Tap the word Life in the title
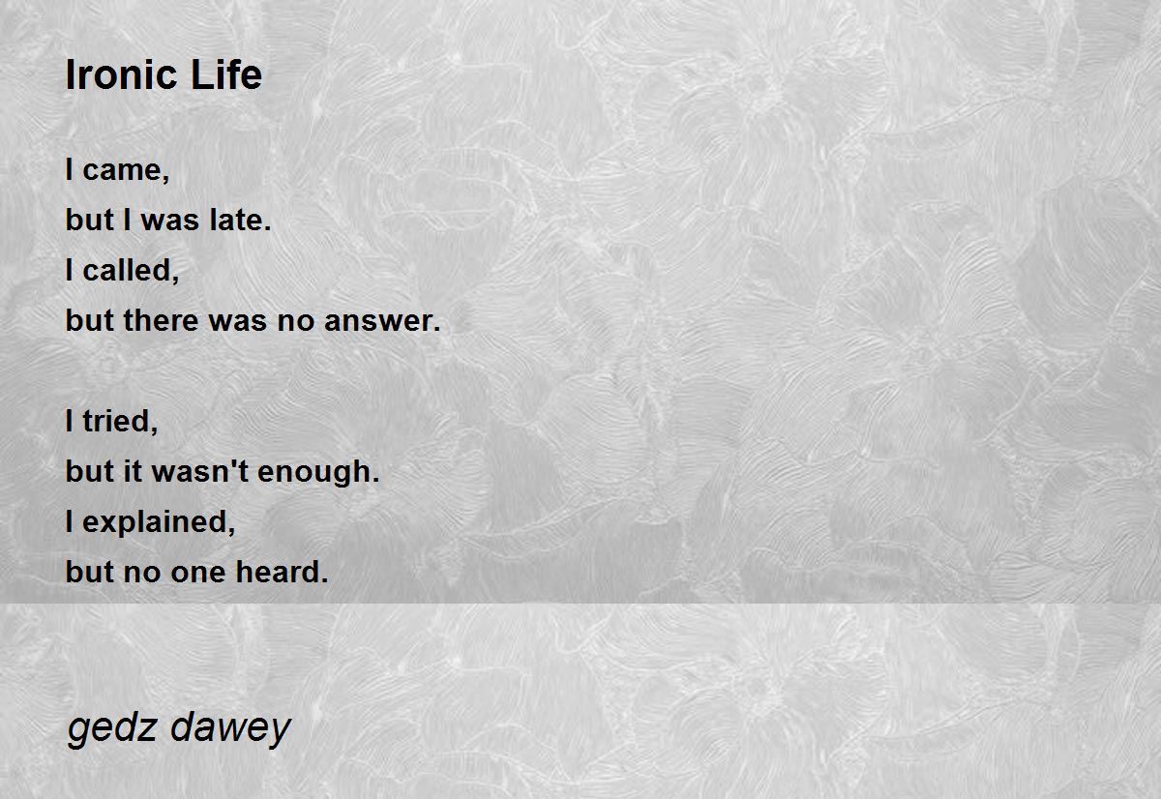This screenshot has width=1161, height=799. tap(226, 74)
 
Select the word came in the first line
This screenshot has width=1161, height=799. tap(122, 171)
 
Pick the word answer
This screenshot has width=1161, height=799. tap(378, 321)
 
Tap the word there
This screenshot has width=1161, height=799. tap(162, 320)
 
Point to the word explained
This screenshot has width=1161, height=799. tap(155, 522)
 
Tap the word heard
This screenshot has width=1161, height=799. tap(278, 571)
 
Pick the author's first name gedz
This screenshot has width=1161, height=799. tap(112, 728)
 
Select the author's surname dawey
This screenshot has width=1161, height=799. tap(230, 728)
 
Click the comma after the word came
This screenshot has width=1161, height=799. tap(165, 179)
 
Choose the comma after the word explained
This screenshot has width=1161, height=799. tap(231, 529)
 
